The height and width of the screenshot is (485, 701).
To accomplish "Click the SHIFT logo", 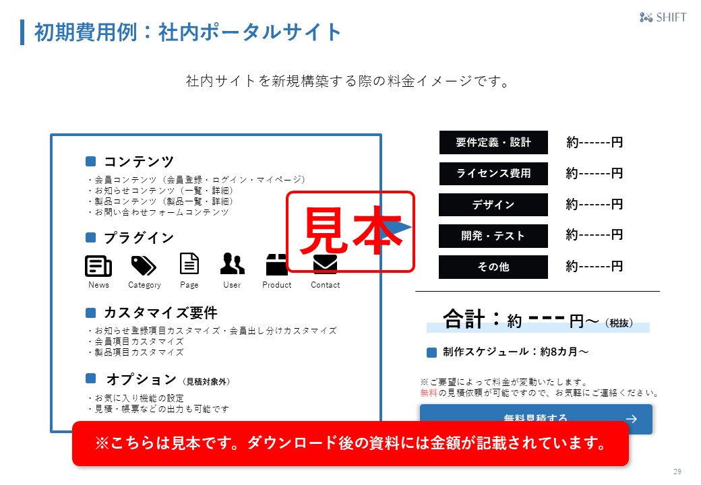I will click(x=663, y=18).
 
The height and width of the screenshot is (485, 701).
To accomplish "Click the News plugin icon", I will click(x=98, y=266).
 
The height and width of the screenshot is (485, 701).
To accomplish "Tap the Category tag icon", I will click(x=143, y=265).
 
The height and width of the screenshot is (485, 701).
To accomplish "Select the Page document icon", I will click(x=189, y=263).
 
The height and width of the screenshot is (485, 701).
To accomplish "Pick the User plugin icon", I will click(x=232, y=264).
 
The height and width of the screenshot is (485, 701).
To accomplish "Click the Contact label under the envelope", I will click(x=325, y=285).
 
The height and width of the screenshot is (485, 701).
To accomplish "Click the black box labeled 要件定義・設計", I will click(x=493, y=143).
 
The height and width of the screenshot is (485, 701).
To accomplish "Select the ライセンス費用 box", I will click(x=493, y=174).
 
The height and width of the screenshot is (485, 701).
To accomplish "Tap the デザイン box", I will click(x=493, y=205).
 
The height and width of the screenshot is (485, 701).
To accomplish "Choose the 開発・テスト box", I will click(x=493, y=236).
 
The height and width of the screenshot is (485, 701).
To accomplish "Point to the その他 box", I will click(x=493, y=267).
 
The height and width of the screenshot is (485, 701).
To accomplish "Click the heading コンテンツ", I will click(x=138, y=162).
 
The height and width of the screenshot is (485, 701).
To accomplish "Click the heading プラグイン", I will click(x=138, y=238).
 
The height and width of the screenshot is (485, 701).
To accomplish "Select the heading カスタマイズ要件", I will click(x=160, y=313).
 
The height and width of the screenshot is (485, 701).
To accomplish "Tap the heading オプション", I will click(x=141, y=379).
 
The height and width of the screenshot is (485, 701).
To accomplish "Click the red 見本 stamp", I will click(x=350, y=232).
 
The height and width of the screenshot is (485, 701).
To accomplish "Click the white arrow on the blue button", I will click(x=632, y=418).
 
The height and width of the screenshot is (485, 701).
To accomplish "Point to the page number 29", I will click(x=677, y=471).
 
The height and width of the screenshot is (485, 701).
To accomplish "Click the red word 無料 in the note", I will click(x=429, y=393).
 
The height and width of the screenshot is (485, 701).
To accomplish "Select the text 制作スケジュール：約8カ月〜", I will click(x=516, y=352).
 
